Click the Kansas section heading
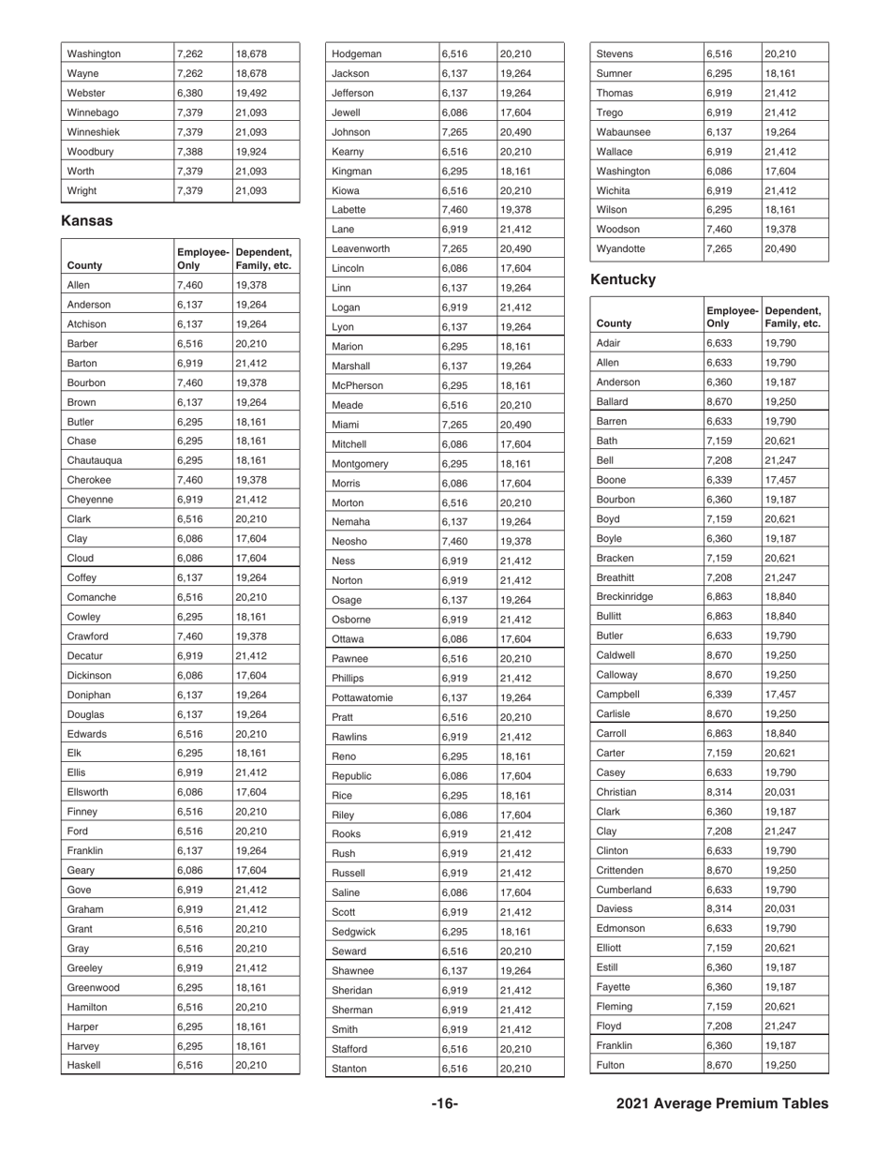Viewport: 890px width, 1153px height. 87,220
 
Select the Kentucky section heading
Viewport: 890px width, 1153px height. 624,279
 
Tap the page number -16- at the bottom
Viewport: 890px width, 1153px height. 444,1103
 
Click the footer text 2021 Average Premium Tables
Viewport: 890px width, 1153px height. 722,1103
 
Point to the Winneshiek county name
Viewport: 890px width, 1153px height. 95,131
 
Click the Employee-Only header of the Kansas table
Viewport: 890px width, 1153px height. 202,259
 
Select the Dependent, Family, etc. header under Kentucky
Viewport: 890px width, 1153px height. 793,317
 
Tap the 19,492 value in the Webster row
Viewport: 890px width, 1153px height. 251,93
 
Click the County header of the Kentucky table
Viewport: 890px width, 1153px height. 614,323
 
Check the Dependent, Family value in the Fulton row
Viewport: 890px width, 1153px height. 780,1065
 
